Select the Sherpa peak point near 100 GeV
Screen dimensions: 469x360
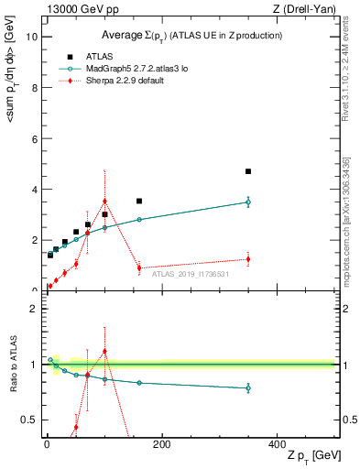point(105,201)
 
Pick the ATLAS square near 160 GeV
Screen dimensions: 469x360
point(139,201)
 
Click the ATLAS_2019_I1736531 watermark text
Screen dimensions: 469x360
point(189,273)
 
